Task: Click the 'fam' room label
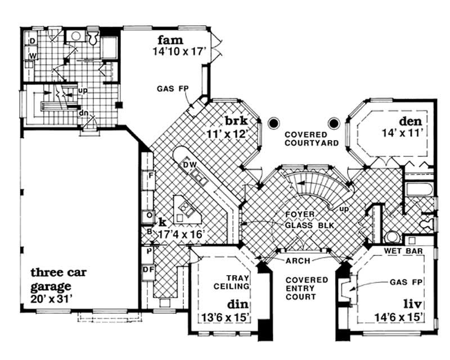coord(170,40)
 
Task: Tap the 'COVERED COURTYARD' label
coord(311,139)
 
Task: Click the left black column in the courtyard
coord(273,122)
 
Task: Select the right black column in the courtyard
coord(334,122)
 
